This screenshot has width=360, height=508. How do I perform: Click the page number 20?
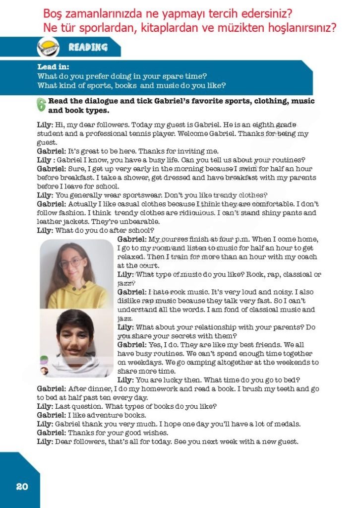coord(22,486)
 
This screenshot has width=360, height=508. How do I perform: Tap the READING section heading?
coord(88,48)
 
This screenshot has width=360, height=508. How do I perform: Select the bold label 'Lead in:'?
coord(53,67)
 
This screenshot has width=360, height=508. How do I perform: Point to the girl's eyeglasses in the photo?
coord(71,262)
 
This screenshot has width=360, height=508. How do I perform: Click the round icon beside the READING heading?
coord(48,48)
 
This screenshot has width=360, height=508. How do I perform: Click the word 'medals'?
coord(287,424)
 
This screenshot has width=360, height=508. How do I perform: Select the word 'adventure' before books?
coord(100,415)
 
